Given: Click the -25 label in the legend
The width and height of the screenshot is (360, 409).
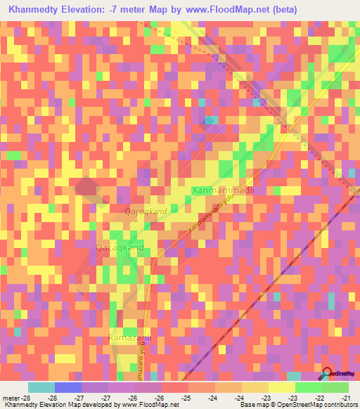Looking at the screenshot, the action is [x=186, y=398].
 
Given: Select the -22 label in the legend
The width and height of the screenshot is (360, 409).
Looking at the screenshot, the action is [x=319, y=398].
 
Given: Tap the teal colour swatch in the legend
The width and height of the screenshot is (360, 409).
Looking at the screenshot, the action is [x=41, y=387].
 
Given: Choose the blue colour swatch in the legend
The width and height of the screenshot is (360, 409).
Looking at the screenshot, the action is [x=68, y=387].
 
